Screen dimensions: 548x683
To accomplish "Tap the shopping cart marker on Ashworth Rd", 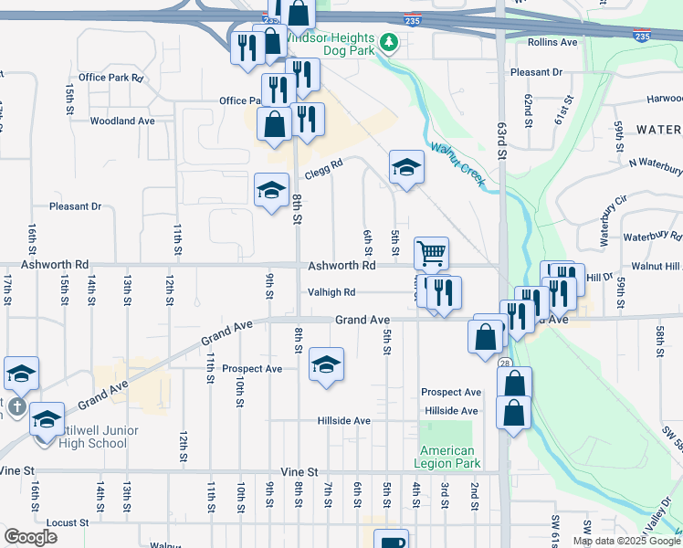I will (431, 252).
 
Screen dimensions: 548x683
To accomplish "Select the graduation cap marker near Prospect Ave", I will (326, 364).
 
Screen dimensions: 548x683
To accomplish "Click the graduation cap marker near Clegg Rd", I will (406, 167).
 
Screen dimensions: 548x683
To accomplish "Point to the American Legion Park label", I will (448, 457).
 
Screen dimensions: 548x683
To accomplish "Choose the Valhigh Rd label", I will (330, 293).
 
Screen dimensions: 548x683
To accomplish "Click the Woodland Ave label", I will (123, 121).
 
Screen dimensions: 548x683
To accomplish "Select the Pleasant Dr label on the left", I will (75, 206).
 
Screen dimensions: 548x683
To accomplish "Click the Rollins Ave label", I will (552, 42).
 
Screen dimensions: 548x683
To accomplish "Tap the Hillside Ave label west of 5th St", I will (343, 421).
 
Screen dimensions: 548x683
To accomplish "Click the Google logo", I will (32, 537).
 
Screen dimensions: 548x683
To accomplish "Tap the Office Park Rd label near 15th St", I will (111, 78).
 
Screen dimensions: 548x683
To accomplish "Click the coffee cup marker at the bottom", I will (391, 541).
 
